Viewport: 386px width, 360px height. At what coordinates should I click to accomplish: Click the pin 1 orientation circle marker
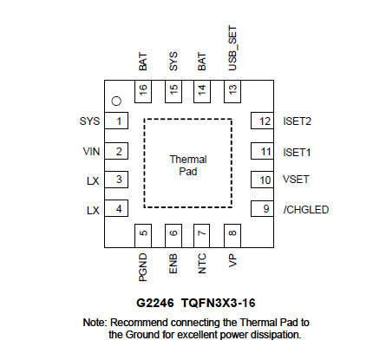click(116, 101)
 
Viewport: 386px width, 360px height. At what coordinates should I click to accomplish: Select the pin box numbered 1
click(116, 121)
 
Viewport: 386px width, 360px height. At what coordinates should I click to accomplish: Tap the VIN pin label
click(91, 152)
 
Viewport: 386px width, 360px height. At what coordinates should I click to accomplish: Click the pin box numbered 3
click(116, 180)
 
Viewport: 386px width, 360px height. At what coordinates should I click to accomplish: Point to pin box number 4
click(116, 208)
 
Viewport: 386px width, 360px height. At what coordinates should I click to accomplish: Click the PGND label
click(143, 267)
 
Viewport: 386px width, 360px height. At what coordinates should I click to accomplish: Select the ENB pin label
click(173, 264)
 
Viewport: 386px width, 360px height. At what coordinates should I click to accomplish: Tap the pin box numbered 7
click(201, 235)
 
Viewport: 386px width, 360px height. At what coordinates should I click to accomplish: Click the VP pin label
click(232, 261)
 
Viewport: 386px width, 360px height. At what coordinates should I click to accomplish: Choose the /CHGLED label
click(306, 210)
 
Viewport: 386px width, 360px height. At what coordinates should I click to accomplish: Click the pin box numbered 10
click(262, 180)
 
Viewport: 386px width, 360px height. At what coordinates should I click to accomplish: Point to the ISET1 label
click(297, 152)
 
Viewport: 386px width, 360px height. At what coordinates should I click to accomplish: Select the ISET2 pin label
click(298, 121)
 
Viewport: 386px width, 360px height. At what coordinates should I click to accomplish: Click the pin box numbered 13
click(232, 91)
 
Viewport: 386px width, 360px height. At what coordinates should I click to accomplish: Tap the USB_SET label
click(232, 49)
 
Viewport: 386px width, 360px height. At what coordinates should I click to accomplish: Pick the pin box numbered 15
click(173, 91)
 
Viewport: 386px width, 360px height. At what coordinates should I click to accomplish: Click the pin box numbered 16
click(143, 91)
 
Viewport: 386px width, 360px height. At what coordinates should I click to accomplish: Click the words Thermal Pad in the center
click(188, 166)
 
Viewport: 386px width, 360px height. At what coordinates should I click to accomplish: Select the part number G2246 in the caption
click(155, 303)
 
